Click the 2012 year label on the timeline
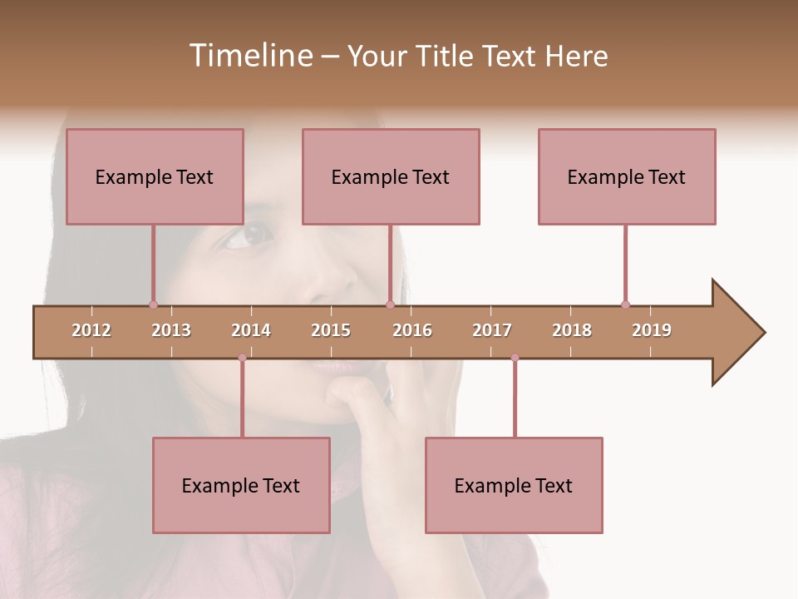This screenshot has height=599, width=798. pos(91,330)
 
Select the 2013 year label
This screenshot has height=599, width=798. pos(171,330)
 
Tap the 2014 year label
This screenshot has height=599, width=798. pos(251,330)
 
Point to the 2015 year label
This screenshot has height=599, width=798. pos(331,330)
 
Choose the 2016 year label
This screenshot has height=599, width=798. pos(412,330)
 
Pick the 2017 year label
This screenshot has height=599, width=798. pos(492,330)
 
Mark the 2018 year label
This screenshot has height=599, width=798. pos(572,330)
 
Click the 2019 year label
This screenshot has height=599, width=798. pos(652,330)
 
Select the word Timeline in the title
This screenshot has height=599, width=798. pos(249,56)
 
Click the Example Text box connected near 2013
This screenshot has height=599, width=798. pos(155,176)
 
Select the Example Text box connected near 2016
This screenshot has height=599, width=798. pos(391,176)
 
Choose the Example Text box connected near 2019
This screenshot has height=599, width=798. pos(627,176)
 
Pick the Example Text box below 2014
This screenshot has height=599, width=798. pos(241,485)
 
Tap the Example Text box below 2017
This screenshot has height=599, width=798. pos(514,485)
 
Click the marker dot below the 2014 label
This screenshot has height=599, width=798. pos(242,358)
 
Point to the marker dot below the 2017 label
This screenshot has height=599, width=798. pos(515,358)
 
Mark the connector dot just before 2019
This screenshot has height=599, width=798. pos(625,304)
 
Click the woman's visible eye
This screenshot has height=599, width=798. pos(249,235)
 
